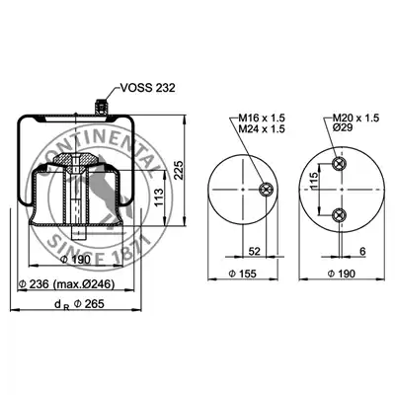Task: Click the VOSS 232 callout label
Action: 147,88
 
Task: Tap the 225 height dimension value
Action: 179,170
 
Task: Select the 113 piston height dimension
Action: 159,197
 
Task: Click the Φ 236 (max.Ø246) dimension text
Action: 67,284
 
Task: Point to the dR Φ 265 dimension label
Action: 79,304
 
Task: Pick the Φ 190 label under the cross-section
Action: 76,260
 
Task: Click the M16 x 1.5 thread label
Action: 262,118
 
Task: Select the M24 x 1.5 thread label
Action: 262,128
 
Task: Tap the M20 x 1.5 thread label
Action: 356,118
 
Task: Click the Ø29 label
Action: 343,127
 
